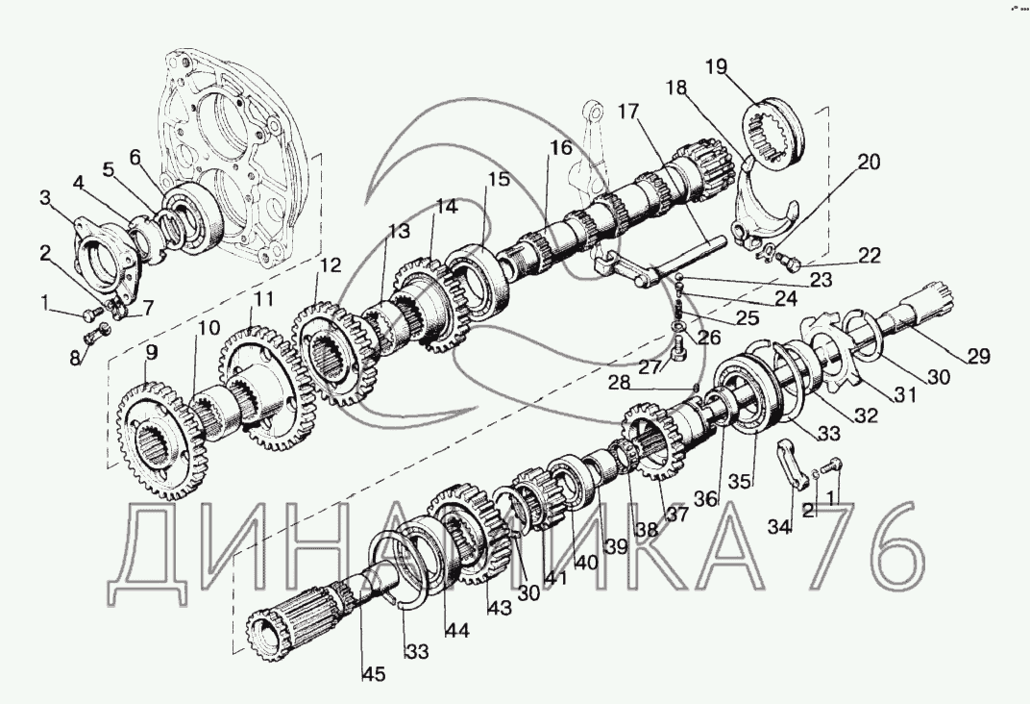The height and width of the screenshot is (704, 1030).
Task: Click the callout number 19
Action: [715, 66]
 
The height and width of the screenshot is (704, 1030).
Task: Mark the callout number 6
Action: [135, 157]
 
